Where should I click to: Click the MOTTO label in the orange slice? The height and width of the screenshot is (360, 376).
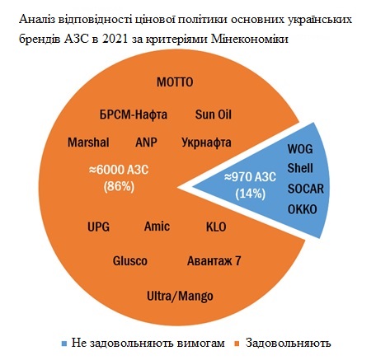(175, 82)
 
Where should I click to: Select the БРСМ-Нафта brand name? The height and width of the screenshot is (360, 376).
(134, 115)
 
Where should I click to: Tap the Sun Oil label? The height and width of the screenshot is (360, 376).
(214, 115)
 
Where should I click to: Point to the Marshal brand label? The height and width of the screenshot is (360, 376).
(88, 143)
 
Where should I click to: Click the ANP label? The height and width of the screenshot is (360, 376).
(146, 143)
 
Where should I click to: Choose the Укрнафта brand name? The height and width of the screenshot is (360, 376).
(206, 143)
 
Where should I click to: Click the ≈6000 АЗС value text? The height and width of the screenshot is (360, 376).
(119, 170)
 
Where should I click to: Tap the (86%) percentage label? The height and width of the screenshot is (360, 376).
(119, 187)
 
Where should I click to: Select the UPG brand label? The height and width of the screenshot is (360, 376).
(98, 227)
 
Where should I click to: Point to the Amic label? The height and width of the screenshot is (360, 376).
(157, 227)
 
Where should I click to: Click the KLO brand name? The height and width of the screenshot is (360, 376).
(216, 227)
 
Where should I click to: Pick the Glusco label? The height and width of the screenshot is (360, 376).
(130, 261)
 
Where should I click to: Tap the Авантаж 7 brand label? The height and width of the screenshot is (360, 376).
(214, 261)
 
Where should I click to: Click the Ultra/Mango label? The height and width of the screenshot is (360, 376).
(180, 297)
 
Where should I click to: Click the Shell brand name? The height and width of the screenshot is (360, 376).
(300, 168)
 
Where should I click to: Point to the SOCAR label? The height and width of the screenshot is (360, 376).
(306, 189)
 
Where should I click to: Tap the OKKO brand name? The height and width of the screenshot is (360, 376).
(303, 209)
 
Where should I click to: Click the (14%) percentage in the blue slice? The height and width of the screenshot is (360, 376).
(251, 194)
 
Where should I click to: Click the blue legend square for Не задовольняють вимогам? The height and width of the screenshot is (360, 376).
(64, 344)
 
